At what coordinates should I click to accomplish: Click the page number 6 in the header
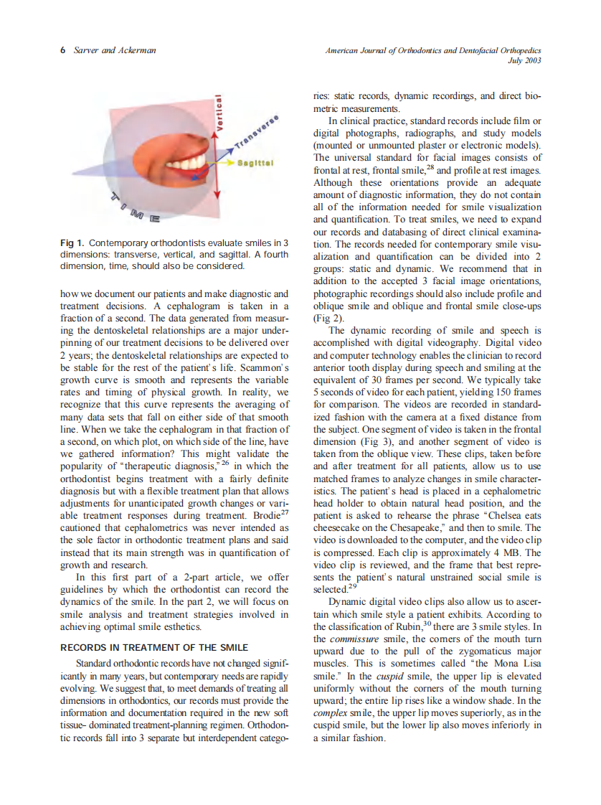[63, 50]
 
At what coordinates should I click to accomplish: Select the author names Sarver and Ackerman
[115, 50]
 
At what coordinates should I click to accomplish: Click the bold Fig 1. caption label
[74, 243]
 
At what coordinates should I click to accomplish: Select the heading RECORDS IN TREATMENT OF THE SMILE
[153, 647]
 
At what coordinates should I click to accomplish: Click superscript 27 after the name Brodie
[285, 512]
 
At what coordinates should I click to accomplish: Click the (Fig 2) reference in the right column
[326, 318]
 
